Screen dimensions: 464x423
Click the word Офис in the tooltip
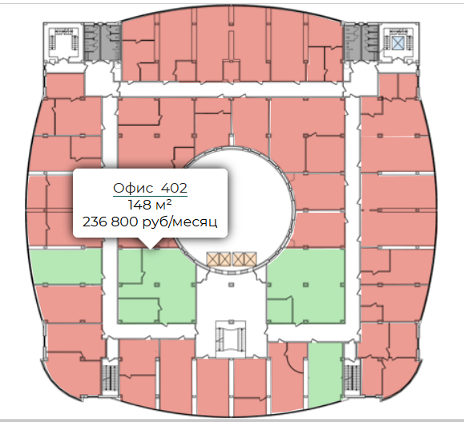click(131, 188)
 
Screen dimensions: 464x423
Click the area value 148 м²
click(150, 205)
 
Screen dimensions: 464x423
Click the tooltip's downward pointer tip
click(151, 249)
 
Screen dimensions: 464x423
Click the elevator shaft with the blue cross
click(398, 43)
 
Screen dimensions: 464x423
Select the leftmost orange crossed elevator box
click(212, 259)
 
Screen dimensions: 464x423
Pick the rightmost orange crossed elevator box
click(251, 259)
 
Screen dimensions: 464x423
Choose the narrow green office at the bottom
click(325, 375)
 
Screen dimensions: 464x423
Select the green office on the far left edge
click(67, 266)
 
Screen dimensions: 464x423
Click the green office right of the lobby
click(306, 286)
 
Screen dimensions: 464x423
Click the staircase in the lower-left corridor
click(110, 377)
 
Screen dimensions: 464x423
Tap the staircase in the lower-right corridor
click(352, 377)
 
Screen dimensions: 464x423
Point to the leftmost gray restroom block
click(91, 43)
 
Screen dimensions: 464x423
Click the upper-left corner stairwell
click(64, 43)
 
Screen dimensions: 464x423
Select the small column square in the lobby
click(231, 285)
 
